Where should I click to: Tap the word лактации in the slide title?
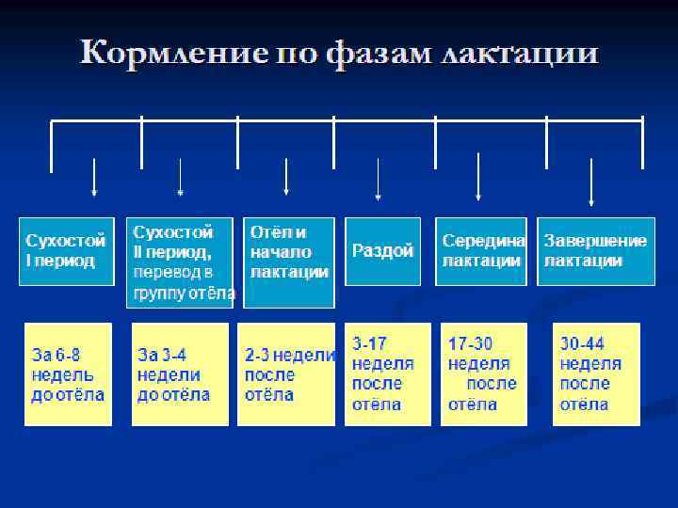[x=519, y=54]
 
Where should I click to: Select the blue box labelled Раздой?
[x=382, y=251]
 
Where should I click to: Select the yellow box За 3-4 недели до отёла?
[x=179, y=374]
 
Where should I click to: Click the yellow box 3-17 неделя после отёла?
[x=387, y=374]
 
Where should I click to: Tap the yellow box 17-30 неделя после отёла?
[x=483, y=374]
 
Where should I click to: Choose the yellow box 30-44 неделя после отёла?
[x=595, y=374]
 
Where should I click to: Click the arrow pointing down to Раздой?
[x=378, y=179]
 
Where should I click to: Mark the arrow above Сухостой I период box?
[x=93, y=177]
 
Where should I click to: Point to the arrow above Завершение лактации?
[x=590, y=181]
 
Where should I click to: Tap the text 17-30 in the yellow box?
[x=471, y=344]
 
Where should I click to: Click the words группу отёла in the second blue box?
[x=185, y=293]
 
